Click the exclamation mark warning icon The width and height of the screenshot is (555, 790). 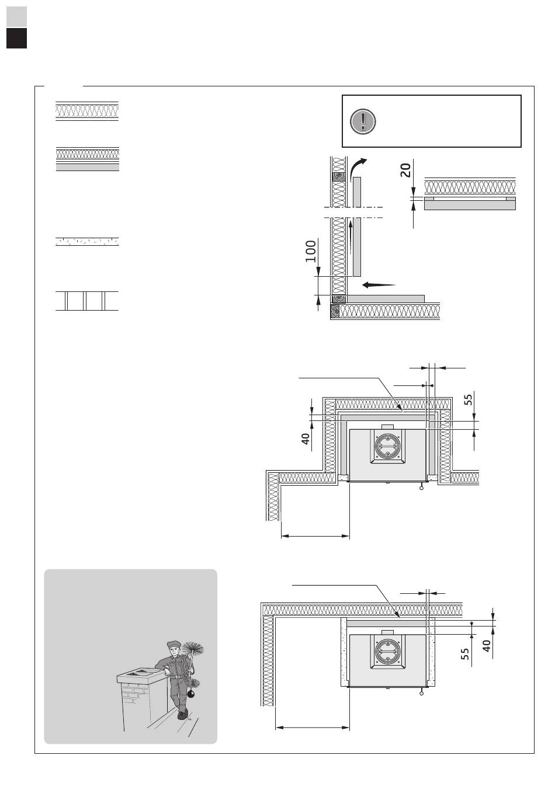[x=363, y=121]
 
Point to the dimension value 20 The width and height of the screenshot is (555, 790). [x=406, y=170]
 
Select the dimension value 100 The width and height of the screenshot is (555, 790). [x=310, y=251]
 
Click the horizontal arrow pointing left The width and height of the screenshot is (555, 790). [x=379, y=285]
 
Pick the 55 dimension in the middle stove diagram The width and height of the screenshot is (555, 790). [x=468, y=399]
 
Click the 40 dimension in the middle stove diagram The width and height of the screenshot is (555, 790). [x=306, y=438]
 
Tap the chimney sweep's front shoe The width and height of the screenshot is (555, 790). [x=182, y=714]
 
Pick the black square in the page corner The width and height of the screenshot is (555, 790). [x=17, y=38]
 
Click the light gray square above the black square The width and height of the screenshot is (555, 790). [x=17, y=16]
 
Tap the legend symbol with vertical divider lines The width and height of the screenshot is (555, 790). [x=87, y=301]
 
